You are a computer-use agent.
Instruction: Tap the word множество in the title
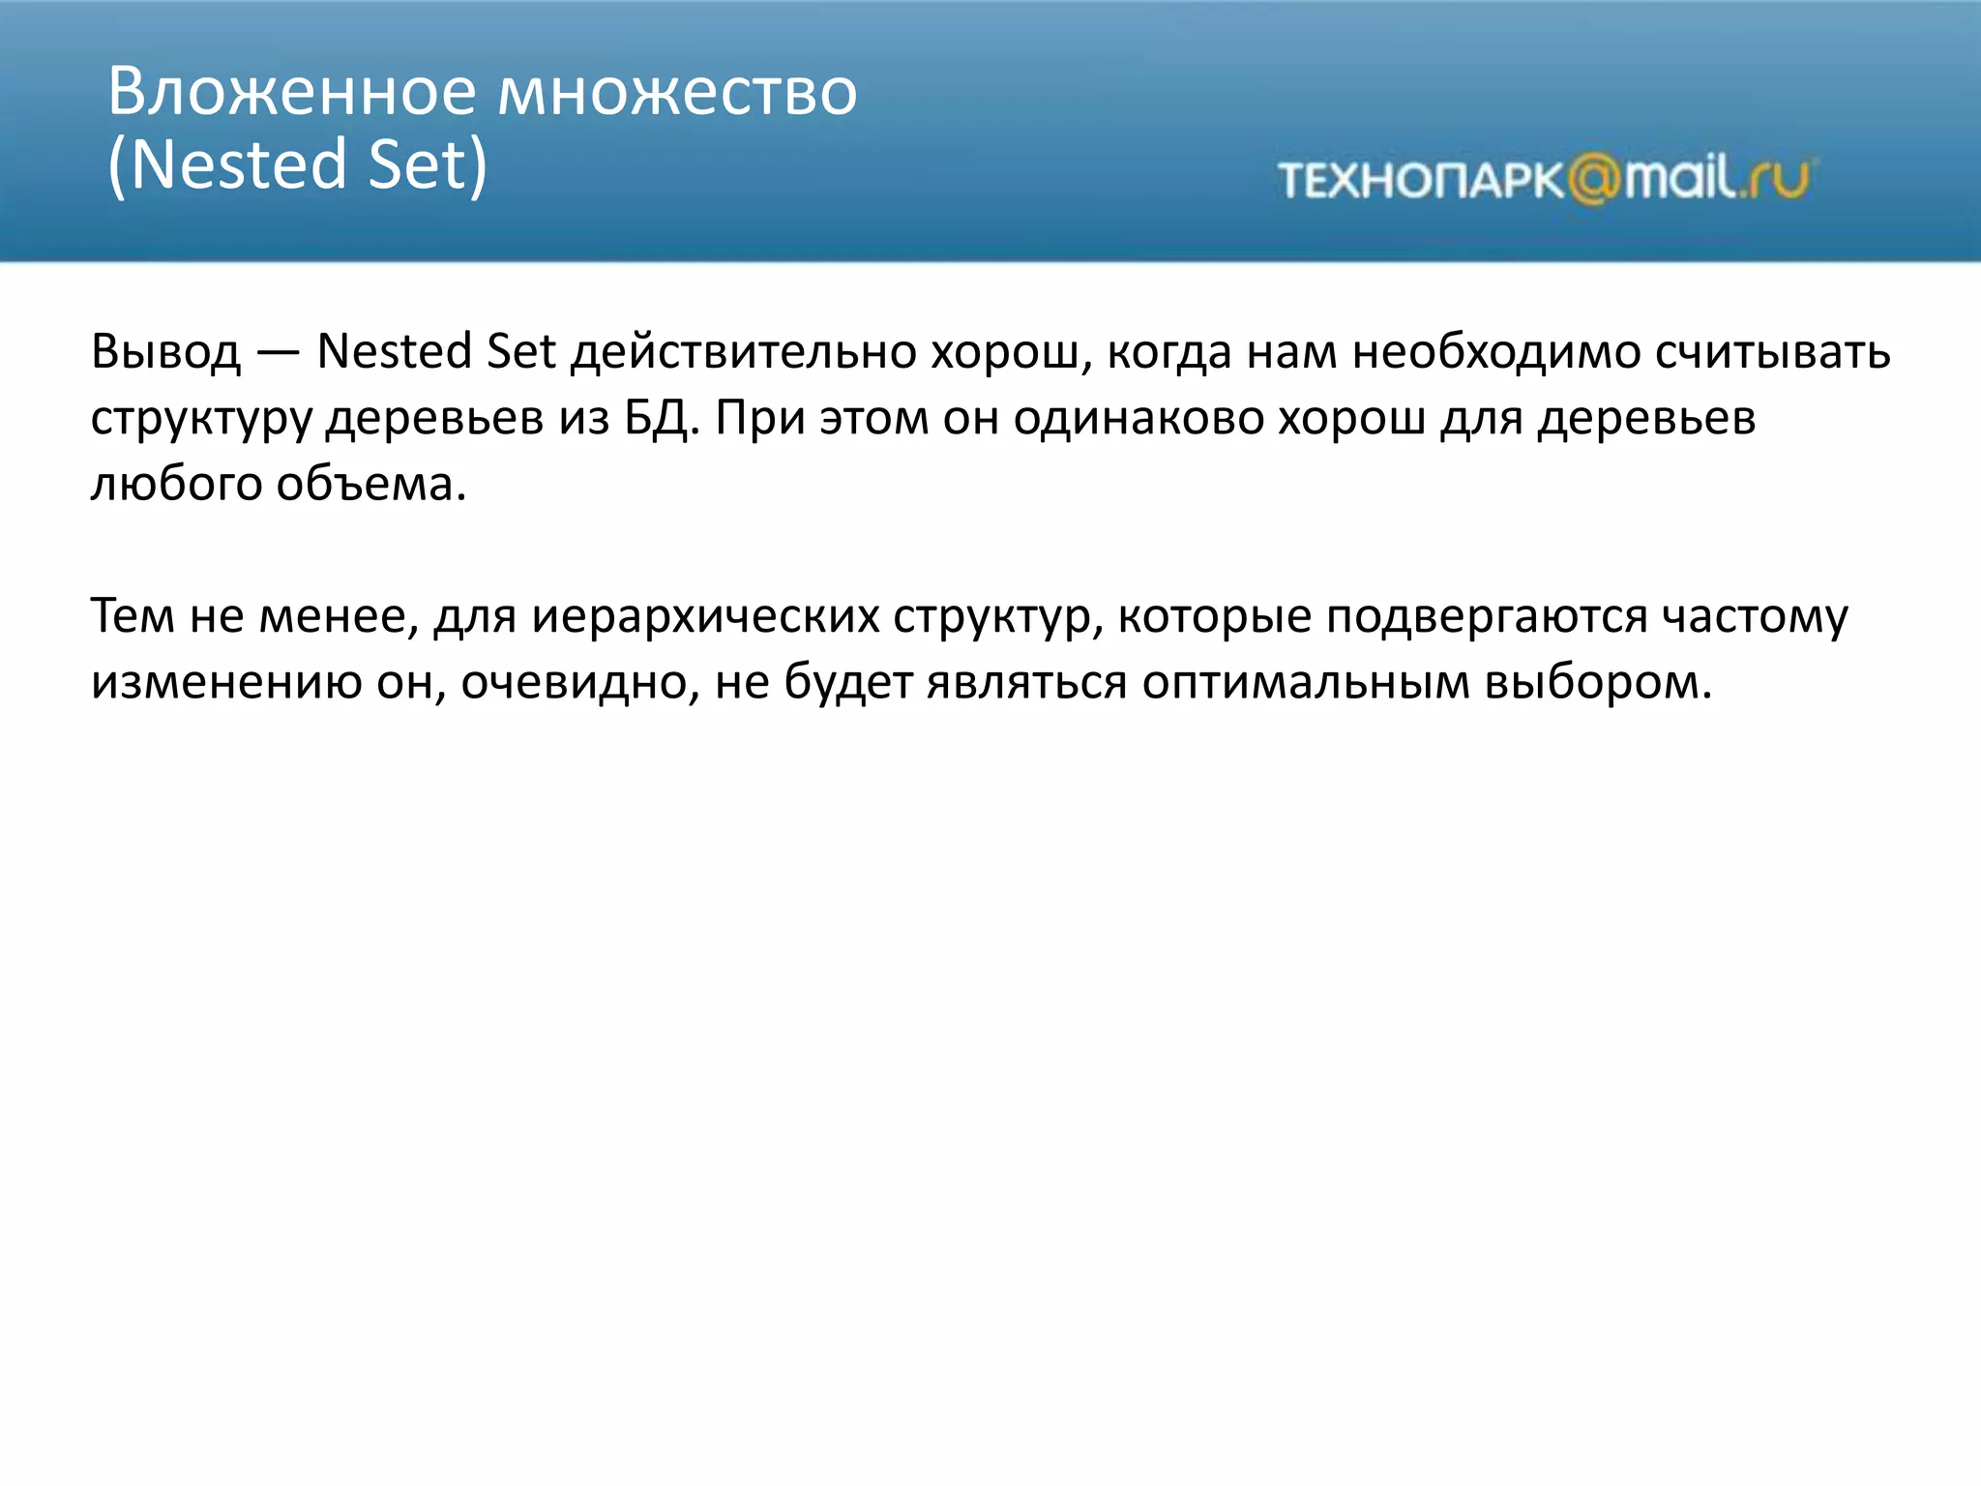point(677,93)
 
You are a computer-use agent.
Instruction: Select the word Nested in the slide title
point(238,164)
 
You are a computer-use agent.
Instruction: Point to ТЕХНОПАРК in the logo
point(1420,181)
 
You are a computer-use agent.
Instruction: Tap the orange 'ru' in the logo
point(1778,179)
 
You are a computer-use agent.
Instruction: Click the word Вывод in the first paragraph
point(165,352)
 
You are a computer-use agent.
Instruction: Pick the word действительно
point(743,352)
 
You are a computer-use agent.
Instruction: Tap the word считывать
point(1772,352)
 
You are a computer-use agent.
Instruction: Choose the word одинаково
point(1138,418)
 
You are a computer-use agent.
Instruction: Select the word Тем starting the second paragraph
point(133,616)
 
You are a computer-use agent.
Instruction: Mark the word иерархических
point(705,616)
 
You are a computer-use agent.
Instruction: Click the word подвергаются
point(1486,616)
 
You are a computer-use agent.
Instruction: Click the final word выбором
point(1596,682)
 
